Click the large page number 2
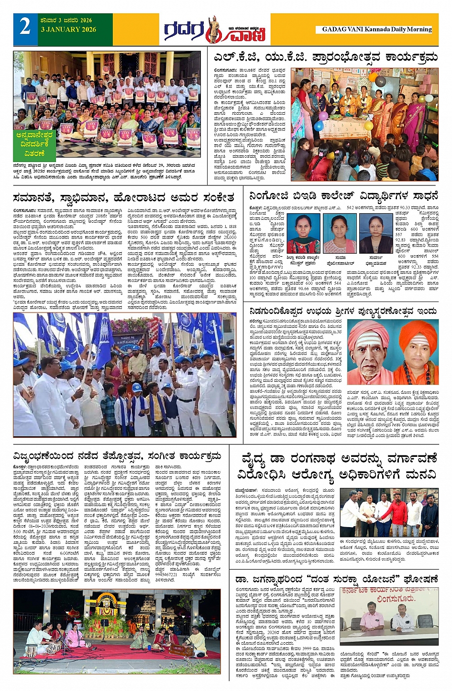coord(25,27)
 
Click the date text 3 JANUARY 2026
coord(68,30)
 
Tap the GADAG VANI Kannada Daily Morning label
coord(376,29)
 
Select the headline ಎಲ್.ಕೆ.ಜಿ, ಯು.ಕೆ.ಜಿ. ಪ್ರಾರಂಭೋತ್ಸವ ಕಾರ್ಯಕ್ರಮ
coord(325,57)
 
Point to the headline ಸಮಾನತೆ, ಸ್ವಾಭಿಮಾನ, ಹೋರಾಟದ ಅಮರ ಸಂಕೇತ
coord(124,198)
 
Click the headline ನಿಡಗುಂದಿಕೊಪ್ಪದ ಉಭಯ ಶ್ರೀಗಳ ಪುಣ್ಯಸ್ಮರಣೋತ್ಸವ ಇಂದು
coord(342,311)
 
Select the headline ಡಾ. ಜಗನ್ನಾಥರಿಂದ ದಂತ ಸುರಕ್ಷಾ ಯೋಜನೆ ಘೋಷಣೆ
coord(337,579)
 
